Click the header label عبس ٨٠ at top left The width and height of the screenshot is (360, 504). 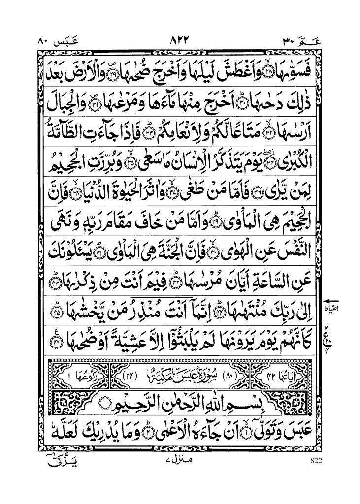click(55, 41)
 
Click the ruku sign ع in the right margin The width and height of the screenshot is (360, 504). click(328, 334)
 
